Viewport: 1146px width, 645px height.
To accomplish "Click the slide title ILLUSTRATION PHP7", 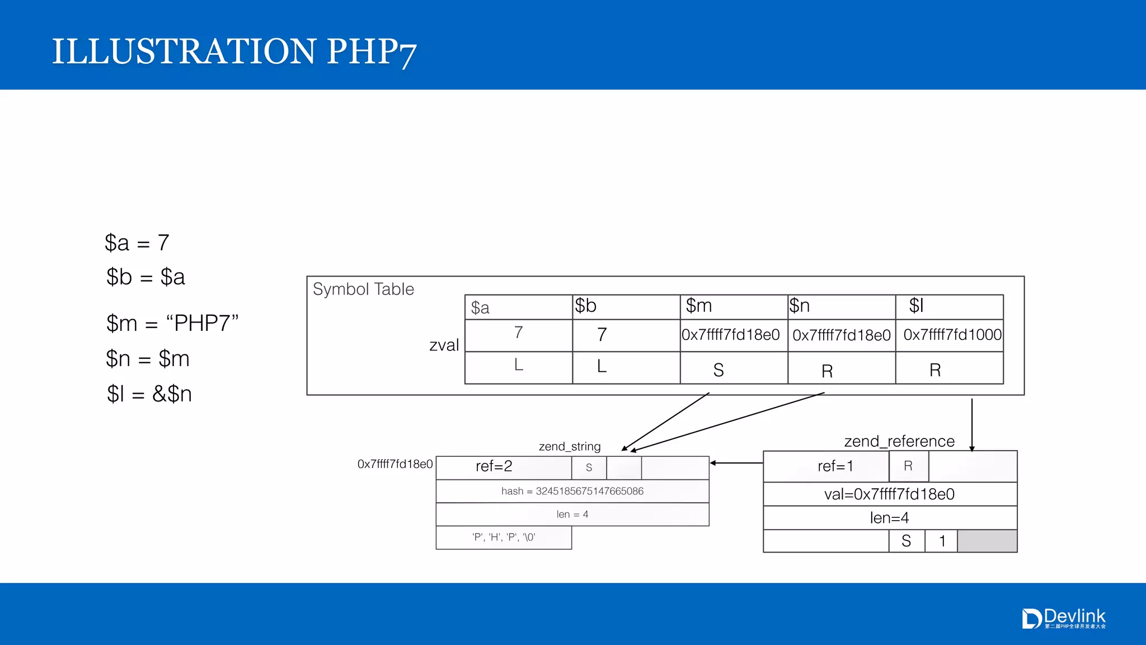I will pos(234,52).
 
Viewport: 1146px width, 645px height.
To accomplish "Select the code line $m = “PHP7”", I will pos(172,323).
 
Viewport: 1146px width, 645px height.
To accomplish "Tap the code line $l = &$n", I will pos(149,394).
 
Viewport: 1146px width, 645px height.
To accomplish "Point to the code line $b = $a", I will pos(145,277).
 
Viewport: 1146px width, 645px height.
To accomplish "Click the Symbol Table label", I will pos(363,289).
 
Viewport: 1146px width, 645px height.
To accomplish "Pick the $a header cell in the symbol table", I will pos(518,307).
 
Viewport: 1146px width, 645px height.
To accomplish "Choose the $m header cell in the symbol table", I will pos(733,306).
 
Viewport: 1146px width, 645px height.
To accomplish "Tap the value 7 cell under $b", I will pos(626,335).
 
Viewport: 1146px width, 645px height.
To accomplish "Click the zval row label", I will pos(444,345).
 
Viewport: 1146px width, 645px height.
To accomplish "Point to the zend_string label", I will pos(569,446).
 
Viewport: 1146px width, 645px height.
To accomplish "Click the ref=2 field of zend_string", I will pos(494,466).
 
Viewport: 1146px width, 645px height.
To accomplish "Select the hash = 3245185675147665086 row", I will pos(572,491).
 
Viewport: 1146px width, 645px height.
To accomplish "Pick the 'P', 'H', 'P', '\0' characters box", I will pos(504,537).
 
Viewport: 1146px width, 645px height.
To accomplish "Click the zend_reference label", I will pos(899,441).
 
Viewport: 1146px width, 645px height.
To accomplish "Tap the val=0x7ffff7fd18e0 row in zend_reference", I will pos(889,494).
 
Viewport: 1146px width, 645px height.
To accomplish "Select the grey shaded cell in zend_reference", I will pos(987,541).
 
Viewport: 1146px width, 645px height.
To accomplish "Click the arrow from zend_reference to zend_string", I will pos(736,463).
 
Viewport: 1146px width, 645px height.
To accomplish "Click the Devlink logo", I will pos(1063,618).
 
